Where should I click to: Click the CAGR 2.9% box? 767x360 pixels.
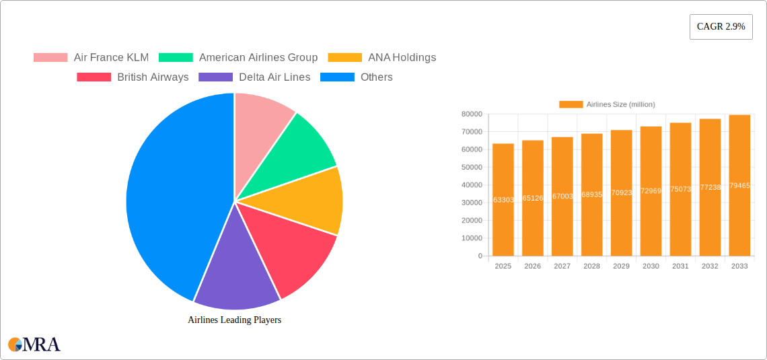pos(721,27)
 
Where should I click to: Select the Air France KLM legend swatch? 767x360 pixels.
pos(50,58)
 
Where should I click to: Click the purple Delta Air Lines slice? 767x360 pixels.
pos(235,269)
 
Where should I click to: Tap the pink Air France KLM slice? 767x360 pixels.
pos(260,121)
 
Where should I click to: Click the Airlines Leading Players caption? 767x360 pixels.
pos(234,320)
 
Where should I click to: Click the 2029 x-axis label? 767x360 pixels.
pos(621,266)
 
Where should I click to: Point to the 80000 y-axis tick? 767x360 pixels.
pos(471,114)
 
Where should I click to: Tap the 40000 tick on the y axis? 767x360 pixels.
pos(471,185)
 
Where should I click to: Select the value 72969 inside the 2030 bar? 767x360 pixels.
pos(651,191)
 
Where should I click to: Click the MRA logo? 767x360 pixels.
pos(34,345)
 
